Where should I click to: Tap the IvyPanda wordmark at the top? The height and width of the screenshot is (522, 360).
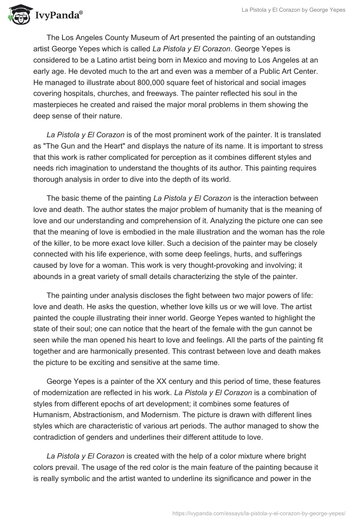point(58,15)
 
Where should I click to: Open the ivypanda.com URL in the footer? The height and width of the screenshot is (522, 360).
point(259,512)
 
